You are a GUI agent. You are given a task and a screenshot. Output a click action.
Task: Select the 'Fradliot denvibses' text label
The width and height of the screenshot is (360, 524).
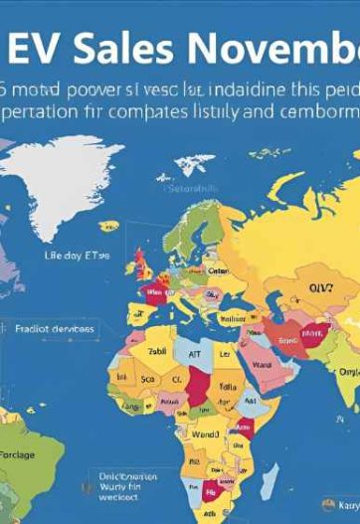pyautogui.click(x=55, y=327)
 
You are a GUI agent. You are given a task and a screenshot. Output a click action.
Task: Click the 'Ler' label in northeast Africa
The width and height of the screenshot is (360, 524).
pyautogui.click(x=225, y=353)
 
